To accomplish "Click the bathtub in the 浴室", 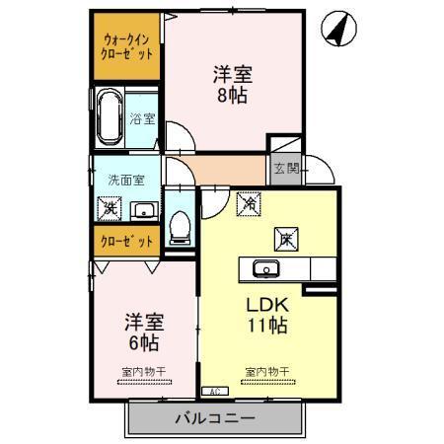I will (x=109, y=117).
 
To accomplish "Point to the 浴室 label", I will (x=142, y=119).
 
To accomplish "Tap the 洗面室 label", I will (x=125, y=181).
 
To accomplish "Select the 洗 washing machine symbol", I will (x=108, y=209).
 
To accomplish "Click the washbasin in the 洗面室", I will (x=143, y=209).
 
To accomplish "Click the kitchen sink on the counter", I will (x=264, y=268).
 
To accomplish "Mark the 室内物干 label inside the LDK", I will (x=266, y=371).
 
